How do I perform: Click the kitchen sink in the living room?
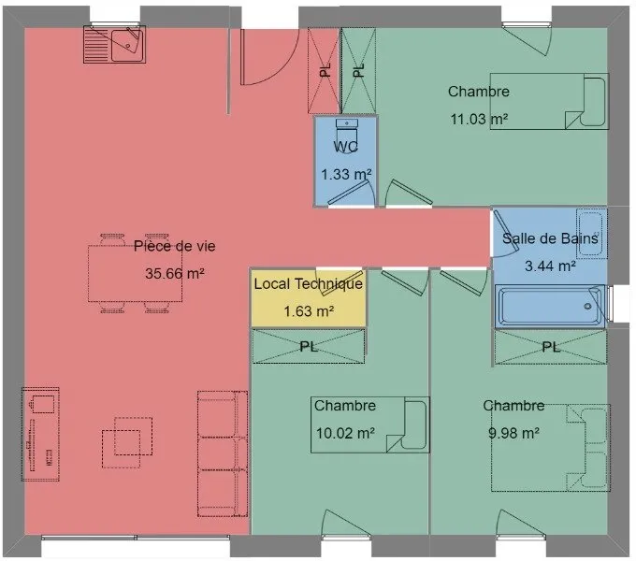114,45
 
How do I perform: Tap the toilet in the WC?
345,130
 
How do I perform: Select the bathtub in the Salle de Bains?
550,306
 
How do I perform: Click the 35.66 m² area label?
174,274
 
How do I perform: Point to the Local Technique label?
309,283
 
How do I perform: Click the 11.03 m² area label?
479,119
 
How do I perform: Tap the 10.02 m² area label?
345,433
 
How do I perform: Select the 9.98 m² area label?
513,433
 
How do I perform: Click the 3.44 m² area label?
550,266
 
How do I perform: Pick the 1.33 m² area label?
346,174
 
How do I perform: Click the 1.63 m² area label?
309,311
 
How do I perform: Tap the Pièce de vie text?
174,246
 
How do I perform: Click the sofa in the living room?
223,453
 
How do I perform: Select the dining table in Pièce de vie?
135,273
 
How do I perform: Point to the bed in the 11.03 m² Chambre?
550,101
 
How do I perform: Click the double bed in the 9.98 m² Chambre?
551,448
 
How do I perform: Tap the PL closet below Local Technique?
309,346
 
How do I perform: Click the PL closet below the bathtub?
550,348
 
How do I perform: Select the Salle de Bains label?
550,238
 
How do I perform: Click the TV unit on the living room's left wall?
40,434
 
